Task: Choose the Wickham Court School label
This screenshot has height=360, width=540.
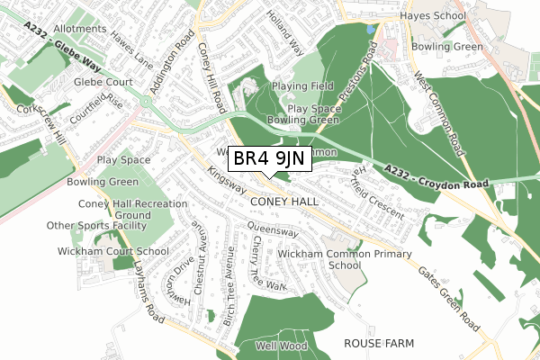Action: (112, 251)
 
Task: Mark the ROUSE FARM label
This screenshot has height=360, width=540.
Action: (378, 344)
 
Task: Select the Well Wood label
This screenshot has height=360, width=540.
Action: (274, 346)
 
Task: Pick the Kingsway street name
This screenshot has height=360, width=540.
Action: (226, 178)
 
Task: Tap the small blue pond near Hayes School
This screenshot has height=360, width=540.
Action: (370, 30)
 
